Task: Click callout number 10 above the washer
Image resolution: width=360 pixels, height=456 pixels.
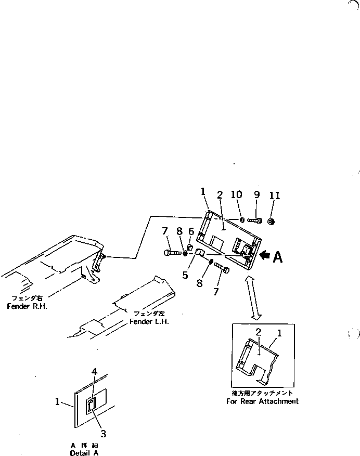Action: tap(236, 195)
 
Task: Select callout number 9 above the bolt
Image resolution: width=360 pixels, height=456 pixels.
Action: tap(256, 195)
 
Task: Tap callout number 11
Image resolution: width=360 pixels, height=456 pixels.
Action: tap(275, 196)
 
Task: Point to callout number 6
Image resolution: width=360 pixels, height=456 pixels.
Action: tap(191, 232)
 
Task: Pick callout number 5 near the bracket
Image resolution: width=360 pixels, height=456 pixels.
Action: tap(185, 275)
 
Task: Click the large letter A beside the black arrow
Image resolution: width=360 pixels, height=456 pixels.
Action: tap(278, 257)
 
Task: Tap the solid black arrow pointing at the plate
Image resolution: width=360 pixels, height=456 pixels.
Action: tap(265, 255)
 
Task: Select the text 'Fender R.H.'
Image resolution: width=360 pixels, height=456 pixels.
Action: tap(27, 306)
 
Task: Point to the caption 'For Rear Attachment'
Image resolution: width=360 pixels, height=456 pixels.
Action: tap(262, 401)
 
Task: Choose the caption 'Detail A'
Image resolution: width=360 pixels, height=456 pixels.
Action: tap(84, 453)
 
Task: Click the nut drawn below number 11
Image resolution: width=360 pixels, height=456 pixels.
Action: tap(271, 222)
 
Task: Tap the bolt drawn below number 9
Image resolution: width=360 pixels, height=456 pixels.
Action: tap(255, 221)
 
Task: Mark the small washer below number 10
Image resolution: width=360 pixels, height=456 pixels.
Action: tap(242, 220)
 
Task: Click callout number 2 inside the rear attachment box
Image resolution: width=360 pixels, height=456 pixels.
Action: tap(258, 331)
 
